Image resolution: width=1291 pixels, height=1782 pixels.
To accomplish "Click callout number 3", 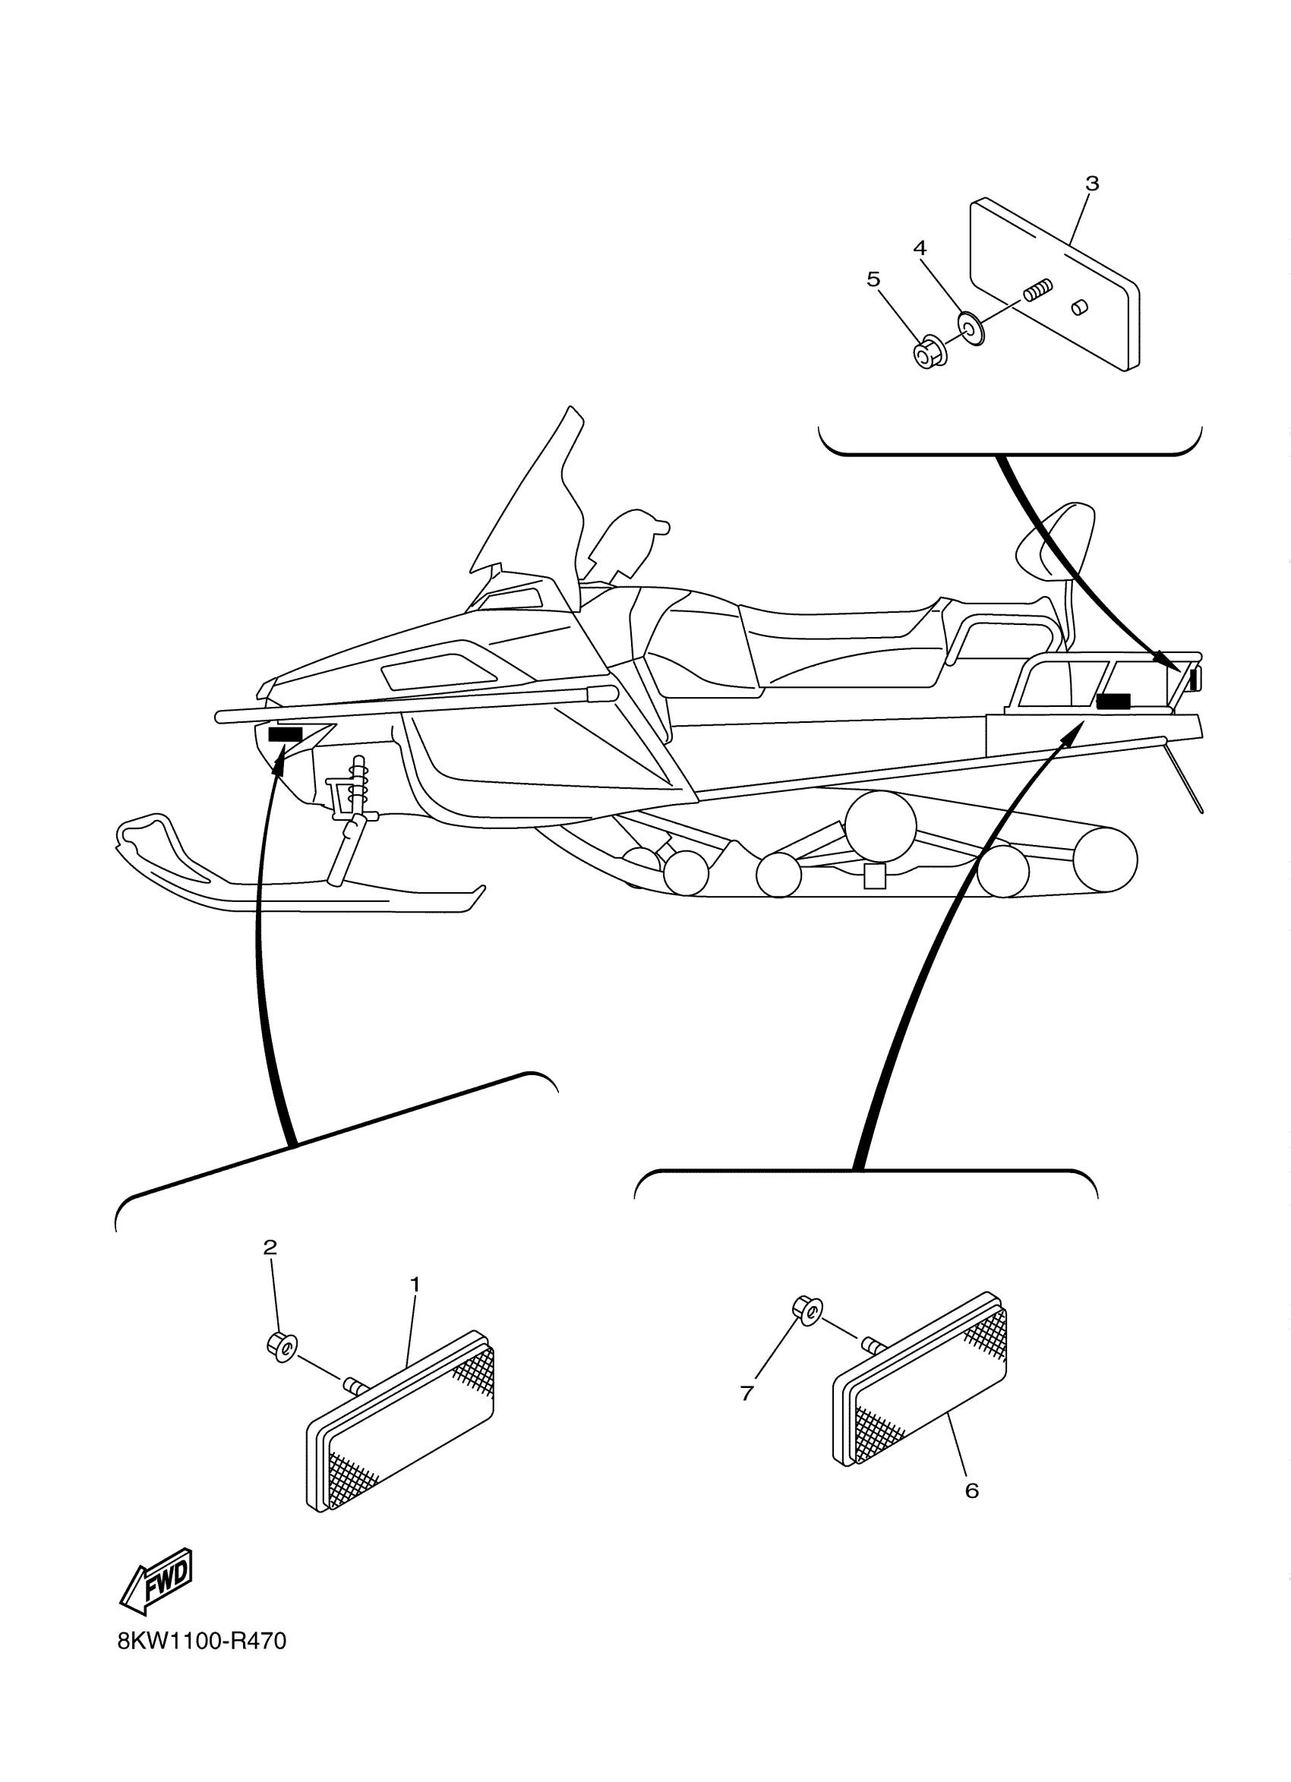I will click(x=1091, y=184).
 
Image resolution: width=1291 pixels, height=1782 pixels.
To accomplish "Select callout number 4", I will click(x=920, y=248).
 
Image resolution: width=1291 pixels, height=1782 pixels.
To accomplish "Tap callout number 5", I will click(x=873, y=279).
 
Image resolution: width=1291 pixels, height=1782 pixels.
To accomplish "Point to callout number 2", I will click(x=270, y=1247).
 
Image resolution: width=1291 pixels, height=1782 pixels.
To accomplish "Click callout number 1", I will click(x=415, y=1285).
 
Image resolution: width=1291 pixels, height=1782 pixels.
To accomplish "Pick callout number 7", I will click(x=747, y=1393).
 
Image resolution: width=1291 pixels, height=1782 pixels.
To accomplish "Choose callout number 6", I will click(x=972, y=1490).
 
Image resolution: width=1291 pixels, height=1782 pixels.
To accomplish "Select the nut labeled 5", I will click(x=930, y=355).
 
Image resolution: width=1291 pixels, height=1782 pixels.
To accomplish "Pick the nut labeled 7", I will click(x=806, y=1307).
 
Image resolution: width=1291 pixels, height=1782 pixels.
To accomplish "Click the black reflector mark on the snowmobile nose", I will click(x=286, y=734).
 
